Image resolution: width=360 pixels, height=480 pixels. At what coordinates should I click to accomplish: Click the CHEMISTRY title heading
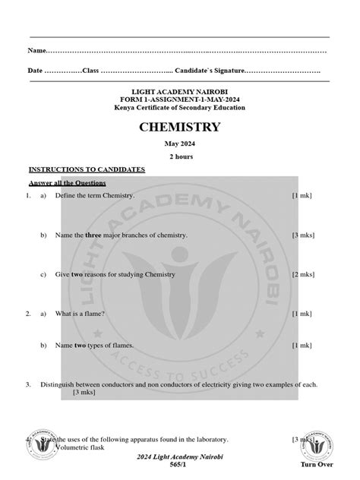[179, 127]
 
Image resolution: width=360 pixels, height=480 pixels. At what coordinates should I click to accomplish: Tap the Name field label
[36, 51]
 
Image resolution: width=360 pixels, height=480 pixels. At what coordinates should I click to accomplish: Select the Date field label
[36, 71]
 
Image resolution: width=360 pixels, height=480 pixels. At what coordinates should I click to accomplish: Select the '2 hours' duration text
[180, 156]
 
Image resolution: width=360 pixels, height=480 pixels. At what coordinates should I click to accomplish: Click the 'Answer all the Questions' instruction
[68, 183]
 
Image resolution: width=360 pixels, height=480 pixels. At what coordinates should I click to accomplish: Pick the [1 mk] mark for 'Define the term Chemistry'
[302, 196]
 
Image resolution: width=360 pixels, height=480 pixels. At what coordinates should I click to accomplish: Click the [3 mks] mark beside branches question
[303, 235]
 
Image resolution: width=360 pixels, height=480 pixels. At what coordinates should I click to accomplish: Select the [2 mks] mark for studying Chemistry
[303, 273]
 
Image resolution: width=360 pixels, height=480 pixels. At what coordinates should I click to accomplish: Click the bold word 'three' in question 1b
[93, 235]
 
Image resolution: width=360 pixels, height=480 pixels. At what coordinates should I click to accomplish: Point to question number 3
[27, 385]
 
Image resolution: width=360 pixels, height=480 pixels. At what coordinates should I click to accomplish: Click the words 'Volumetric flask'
[79, 447]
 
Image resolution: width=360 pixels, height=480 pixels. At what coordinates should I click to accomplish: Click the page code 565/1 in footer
[179, 464]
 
